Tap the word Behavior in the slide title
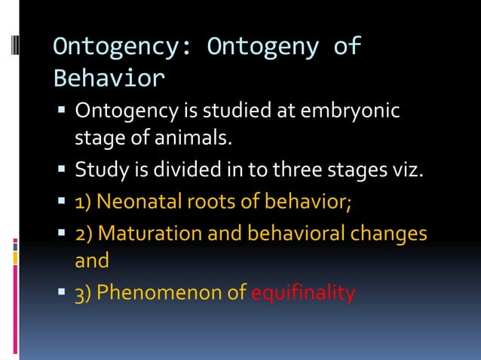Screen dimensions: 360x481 click(x=109, y=78)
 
